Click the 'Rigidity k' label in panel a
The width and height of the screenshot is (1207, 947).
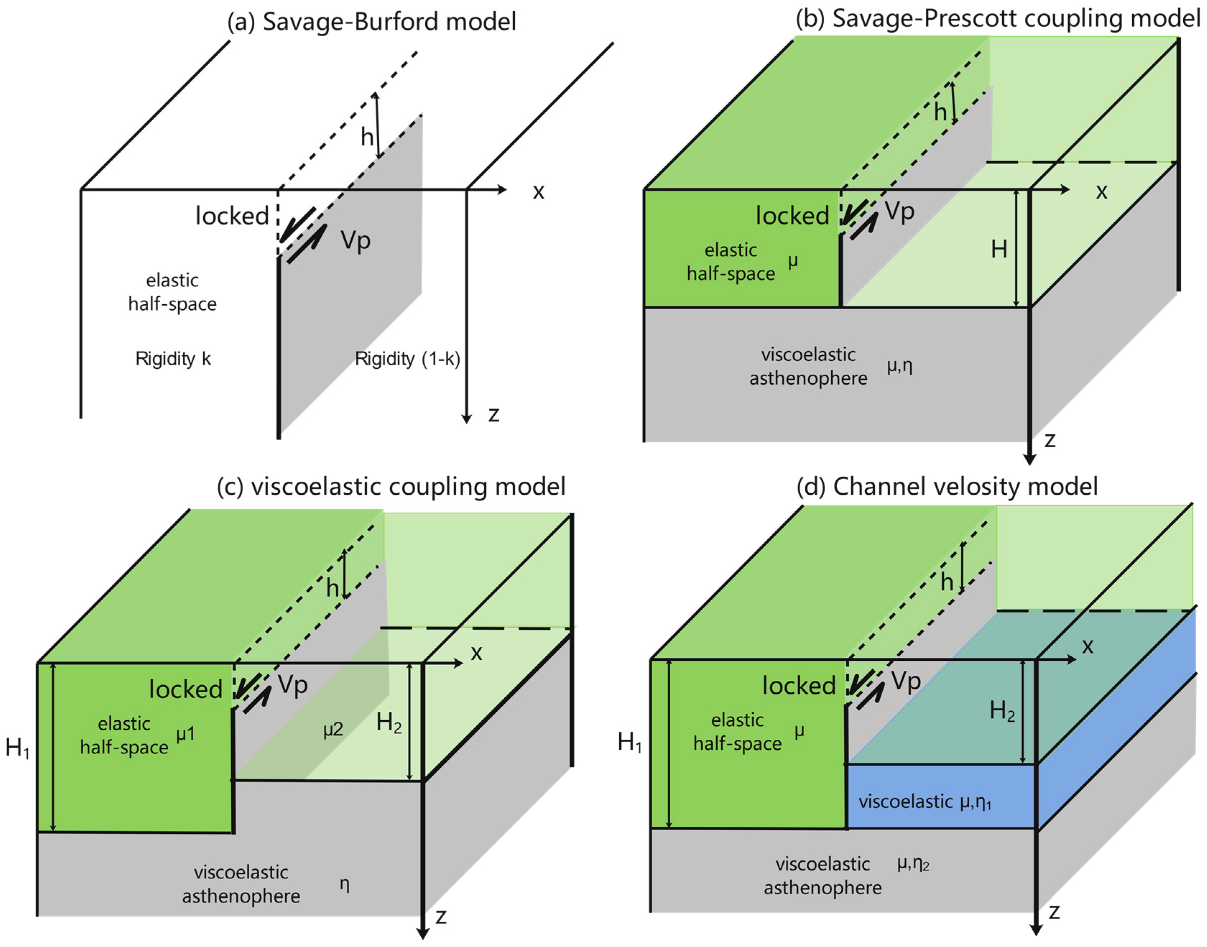click(173, 359)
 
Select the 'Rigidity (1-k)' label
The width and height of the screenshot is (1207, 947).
click(407, 359)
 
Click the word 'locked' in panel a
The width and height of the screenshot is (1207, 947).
click(232, 216)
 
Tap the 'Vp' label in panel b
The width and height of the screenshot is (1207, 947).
click(899, 211)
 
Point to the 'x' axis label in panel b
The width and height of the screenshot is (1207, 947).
click(1101, 191)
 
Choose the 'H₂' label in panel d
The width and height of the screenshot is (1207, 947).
click(1002, 711)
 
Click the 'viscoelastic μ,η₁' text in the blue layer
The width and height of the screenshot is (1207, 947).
click(925, 802)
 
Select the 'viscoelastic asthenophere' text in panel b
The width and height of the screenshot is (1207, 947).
click(808, 366)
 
